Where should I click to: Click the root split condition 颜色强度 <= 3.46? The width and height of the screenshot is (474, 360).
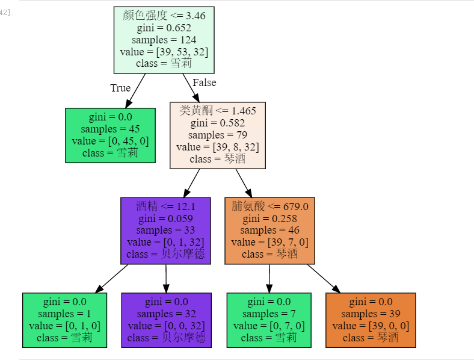click(x=164, y=16)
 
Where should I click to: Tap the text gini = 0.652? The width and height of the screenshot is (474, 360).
click(x=164, y=28)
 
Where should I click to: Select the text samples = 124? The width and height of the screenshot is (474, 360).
click(x=164, y=40)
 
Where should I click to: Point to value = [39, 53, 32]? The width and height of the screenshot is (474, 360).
click(x=164, y=52)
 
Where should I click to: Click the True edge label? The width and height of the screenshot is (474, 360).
click(x=120, y=88)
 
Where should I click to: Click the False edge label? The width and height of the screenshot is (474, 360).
click(x=204, y=82)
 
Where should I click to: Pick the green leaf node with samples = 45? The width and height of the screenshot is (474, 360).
click(x=110, y=135)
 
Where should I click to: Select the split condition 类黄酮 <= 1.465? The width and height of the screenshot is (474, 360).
click(x=217, y=111)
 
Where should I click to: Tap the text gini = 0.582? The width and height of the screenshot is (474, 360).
click(x=217, y=123)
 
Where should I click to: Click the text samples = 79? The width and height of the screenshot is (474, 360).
click(x=217, y=135)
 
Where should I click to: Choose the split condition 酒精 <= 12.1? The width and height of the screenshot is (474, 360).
click(x=165, y=206)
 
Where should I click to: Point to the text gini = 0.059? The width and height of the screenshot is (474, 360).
click(x=165, y=218)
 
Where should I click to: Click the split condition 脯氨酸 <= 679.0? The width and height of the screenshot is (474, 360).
click(x=269, y=206)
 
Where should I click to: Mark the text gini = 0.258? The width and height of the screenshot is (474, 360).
click(x=269, y=218)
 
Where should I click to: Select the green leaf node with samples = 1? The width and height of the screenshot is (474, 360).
click(x=64, y=320)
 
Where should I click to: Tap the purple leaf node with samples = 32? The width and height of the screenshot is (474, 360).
click(x=166, y=320)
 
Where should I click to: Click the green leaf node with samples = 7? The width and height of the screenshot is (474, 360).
click(x=269, y=320)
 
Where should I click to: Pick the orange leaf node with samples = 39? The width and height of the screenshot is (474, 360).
click(x=371, y=320)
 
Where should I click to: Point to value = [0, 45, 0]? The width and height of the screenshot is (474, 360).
click(x=110, y=141)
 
